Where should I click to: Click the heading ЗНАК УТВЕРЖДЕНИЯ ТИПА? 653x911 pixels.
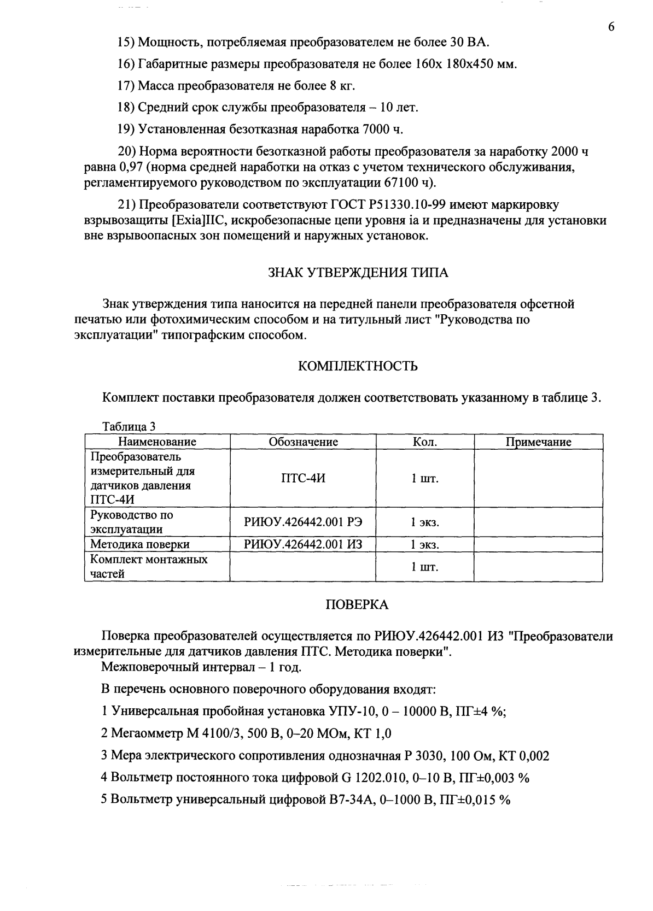click(x=358, y=273)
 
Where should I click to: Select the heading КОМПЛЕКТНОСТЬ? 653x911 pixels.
click(x=358, y=366)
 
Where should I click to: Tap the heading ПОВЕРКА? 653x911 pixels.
click(x=357, y=604)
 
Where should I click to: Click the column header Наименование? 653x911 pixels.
click(x=157, y=442)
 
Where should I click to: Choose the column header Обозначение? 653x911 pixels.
click(x=303, y=442)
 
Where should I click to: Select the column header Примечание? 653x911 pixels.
click(x=538, y=442)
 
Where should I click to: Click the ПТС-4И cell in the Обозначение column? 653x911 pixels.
click(x=303, y=478)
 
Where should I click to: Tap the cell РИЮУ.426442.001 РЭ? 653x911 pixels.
click(x=303, y=522)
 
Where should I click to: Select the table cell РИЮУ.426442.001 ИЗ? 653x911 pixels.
click(x=303, y=544)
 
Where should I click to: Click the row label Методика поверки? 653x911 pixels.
click(x=140, y=544)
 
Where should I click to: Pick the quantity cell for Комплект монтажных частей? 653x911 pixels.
click(x=425, y=567)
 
